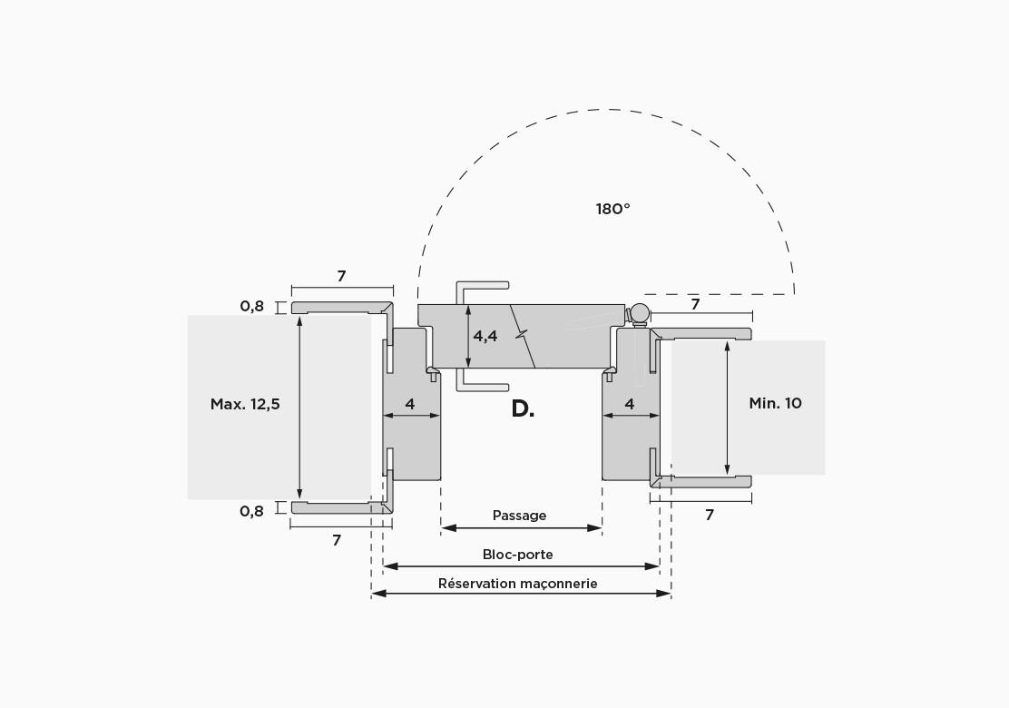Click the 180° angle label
click(612, 209)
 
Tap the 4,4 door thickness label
click(485, 336)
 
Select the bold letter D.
click(523, 408)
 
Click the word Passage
click(519, 516)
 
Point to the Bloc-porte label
click(517, 555)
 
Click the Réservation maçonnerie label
click(518, 584)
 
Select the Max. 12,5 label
click(245, 404)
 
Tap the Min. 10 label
click(776, 404)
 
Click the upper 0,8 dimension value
click(251, 307)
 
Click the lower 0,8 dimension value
click(251, 512)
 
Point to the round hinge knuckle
click(640, 314)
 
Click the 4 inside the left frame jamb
click(410, 404)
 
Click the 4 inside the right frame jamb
click(630, 404)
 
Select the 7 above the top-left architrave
click(342, 276)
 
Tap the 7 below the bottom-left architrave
click(337, 541)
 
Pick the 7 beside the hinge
click(695, 304)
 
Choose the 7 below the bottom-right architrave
click(710, 515)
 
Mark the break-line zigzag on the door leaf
click(524, 335)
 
